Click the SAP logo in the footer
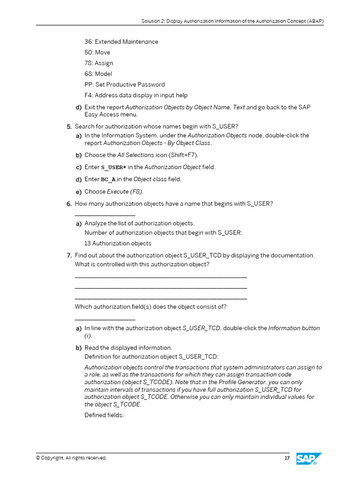[x=308, y=459]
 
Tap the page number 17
[x=287, y=458]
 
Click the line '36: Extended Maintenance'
[x=121, y=42]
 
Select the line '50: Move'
[x=97, y=52]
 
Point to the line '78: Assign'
[x=98, y=63]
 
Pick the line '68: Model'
[x=98, y=74]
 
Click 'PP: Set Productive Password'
[x=124, y=85]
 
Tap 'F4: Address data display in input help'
[x=136, y=96]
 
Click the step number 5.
[x=69, y=127]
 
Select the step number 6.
[x=69, y=203]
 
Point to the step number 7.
[x=69, y=255]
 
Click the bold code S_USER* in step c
[x=113, y=167]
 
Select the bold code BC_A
[x=108, y=180]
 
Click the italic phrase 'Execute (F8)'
[x=125, y=191]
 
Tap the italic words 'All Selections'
[x=135, y=155]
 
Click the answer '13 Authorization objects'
[x=118, y=243]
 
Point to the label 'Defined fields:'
[x=104, y=415]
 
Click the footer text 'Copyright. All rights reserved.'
[x=71, y=458]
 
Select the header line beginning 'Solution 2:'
[x=232, y=22]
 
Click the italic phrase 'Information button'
[x=294, y=328]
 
